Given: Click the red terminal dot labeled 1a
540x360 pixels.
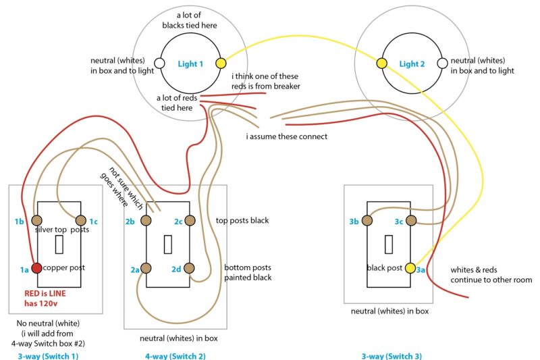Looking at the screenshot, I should click(x=36, y=267).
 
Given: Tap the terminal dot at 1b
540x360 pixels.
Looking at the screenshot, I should click(x=36, y=220).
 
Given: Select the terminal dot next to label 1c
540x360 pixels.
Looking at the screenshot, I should click(x=81, y=220).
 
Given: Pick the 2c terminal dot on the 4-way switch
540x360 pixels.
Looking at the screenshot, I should click(x=190, y=221).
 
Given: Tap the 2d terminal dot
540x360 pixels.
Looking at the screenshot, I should click(x=190, y=268).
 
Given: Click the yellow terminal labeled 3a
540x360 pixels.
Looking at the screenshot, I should click(x=410, y=267).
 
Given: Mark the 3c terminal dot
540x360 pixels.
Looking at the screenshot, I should click(x=410, y=220).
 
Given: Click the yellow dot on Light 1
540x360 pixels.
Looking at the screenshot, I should click(x=220, y=63).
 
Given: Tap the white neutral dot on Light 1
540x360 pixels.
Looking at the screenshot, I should click(x=159, y=63).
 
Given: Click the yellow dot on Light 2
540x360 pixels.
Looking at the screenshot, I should click(x=381, y=63).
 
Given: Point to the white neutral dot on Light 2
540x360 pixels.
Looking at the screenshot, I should click(x=442, y=63).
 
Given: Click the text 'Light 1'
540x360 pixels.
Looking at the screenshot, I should click(x=190, y=64).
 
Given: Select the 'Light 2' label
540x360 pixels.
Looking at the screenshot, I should click(x=412, y=64).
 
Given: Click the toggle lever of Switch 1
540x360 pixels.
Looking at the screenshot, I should click(x=59, y=244).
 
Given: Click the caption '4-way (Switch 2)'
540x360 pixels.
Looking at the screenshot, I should click(x=175, y=355).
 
